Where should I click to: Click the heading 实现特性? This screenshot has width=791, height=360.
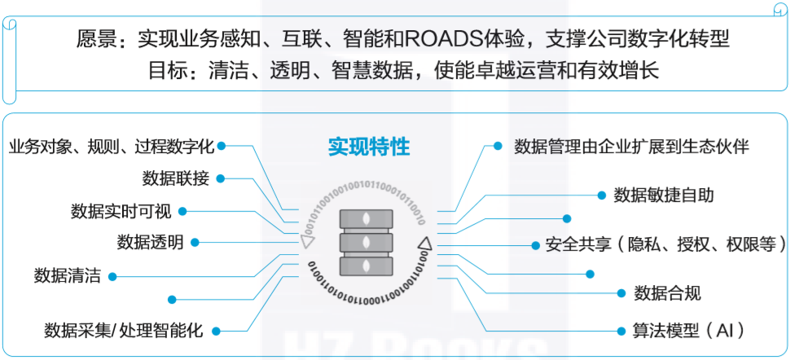[368, 147]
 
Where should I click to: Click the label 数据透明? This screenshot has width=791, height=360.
[150, 243]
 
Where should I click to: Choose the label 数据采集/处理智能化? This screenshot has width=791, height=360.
[123, 331]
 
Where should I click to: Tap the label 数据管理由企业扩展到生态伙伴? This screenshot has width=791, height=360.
[631, 147]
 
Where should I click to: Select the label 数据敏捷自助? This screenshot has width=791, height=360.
[664, 195]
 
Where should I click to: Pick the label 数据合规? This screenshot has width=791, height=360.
[667, 293]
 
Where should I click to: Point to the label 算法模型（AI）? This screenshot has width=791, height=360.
[677, 331]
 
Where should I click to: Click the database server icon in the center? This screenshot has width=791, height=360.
[365, 242]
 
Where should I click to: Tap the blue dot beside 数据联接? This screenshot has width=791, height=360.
[221, 178]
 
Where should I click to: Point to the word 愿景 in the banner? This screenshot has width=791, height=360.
[93, 38]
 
